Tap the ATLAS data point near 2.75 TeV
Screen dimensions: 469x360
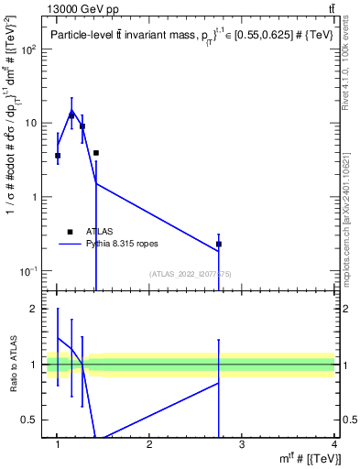[x=219, y=244]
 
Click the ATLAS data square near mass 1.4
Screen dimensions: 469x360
[x=95, y=153]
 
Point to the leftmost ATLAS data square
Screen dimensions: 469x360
[x=58, y=156]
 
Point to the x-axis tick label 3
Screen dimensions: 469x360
[x=242, y=445]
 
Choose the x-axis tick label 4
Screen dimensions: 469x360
[x=334, y=445]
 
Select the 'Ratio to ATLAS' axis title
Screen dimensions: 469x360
[x=13, y=365]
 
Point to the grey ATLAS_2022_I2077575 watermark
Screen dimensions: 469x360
[x=191, y=273]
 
